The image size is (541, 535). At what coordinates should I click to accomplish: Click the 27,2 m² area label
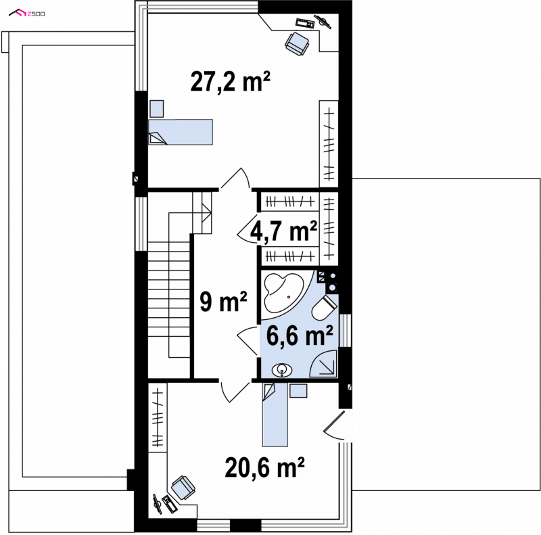coord(230,81)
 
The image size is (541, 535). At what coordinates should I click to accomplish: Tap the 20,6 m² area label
coord(264,467)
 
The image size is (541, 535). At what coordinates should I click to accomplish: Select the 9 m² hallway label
coord(224,301)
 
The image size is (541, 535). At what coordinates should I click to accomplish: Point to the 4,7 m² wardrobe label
coord(283,231)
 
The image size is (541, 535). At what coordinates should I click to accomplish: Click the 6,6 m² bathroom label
coord(300,335)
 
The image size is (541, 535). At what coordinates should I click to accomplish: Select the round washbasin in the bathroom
coord(282,371)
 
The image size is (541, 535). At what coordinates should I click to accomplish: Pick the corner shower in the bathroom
coord(323,363)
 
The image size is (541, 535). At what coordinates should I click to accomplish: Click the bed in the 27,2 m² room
coord(181,132)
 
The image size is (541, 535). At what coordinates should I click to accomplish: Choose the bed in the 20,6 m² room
coord(275,415)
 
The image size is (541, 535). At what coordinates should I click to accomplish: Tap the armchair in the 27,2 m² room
coord(297,44)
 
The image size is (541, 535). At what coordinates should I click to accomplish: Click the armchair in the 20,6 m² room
coord(183,488)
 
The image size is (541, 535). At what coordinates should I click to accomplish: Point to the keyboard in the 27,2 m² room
coord(305,23)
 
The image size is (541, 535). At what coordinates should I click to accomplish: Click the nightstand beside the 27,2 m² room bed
coord(157,109)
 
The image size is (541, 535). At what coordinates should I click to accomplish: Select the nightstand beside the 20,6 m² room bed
coord(298,391)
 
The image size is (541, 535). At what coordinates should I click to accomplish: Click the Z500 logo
coord(27,14)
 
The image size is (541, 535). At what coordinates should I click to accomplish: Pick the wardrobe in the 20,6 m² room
coord(158,417)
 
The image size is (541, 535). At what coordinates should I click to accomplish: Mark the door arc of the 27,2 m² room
coord(241,176)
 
